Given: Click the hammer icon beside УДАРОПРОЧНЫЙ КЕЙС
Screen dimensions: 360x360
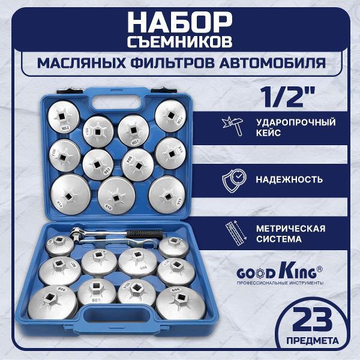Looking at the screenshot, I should (229, 127).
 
